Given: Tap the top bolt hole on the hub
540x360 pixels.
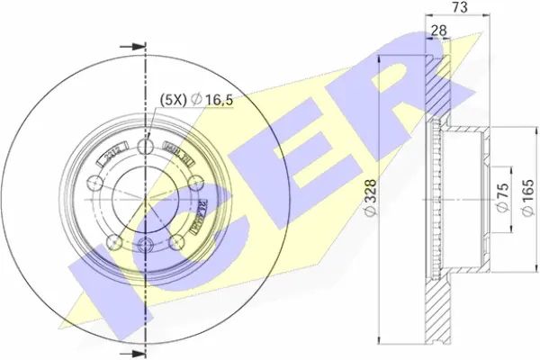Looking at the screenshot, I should [146, 146].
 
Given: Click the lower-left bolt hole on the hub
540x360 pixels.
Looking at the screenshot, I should [113, 242].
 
